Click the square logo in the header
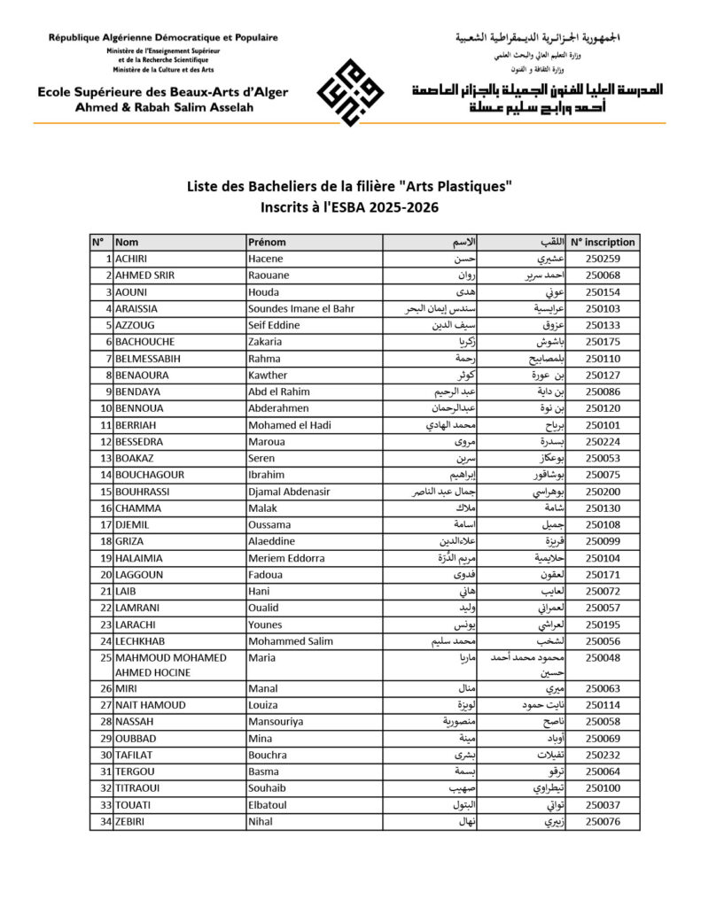(352, 90)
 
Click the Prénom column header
(267, 242)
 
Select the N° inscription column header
(603, 242)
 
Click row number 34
(105, 822)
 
